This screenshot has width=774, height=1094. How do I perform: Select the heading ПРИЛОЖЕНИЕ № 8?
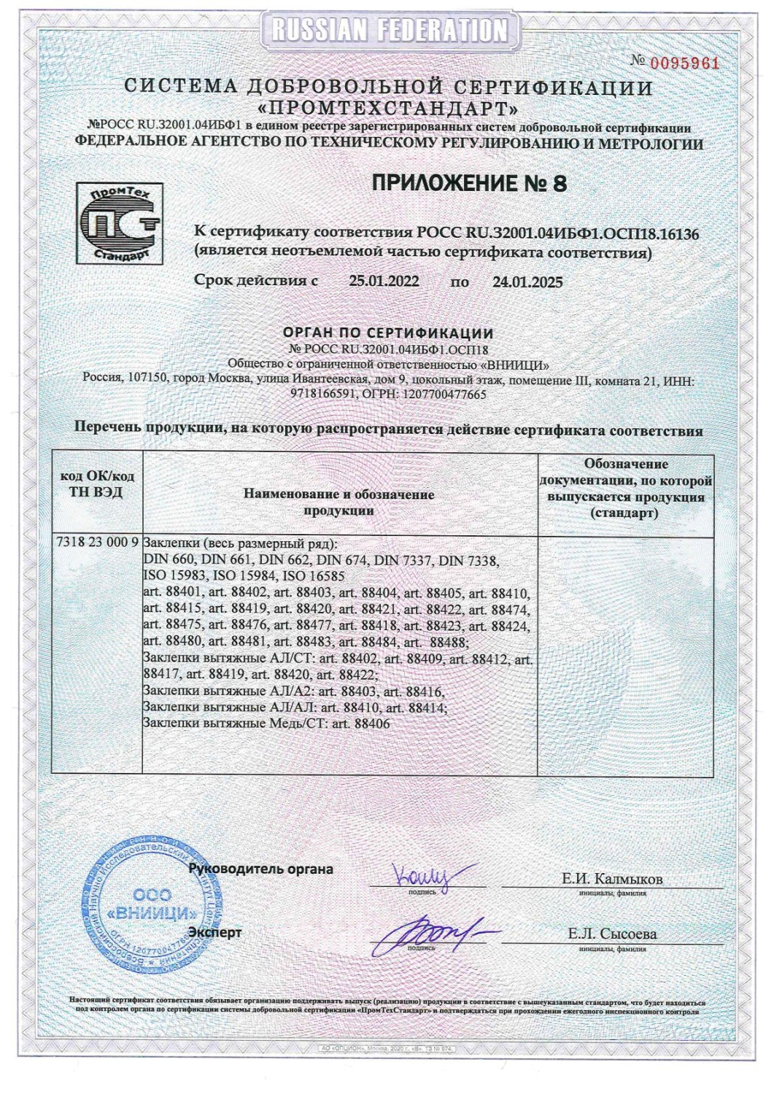point(469,183)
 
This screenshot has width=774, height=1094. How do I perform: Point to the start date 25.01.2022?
point(384,282)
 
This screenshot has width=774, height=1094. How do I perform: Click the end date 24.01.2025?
point(527,282)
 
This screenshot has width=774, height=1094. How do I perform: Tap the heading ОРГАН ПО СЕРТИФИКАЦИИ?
point(387,333)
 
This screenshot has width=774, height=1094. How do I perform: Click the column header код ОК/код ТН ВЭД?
point(96,484)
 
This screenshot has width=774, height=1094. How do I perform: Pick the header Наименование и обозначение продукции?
point(338,503)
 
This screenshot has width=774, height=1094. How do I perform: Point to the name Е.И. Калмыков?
point(612,879)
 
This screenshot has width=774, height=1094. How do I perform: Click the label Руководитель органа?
point(260,869)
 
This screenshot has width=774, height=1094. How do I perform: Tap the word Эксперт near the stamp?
point(214,932)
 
